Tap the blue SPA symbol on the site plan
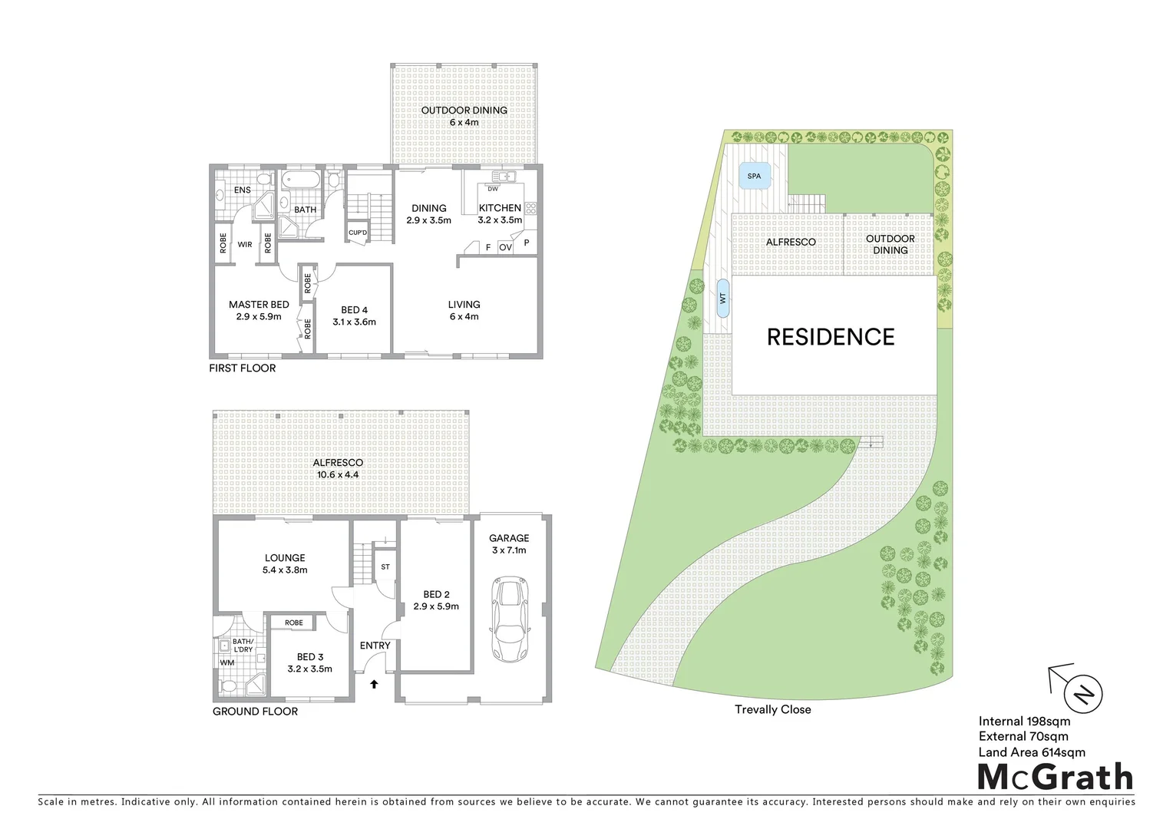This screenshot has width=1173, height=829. click(754, 177)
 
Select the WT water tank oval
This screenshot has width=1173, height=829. click(722, 299)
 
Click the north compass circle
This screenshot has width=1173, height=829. click(1082, 693)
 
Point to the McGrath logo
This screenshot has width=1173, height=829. click(1056, 777)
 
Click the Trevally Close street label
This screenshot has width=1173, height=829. click(772, 709)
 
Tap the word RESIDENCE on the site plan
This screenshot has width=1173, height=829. click(831, 337)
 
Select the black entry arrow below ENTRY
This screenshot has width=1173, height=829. click(375, 682)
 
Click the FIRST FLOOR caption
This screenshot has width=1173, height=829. click(242, 368)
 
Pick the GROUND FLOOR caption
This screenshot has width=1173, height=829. click(255, 712)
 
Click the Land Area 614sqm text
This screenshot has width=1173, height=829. click(1032, 752)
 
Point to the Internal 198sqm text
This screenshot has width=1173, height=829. click(1024, 721)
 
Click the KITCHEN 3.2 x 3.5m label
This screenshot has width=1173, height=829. click(500, 213)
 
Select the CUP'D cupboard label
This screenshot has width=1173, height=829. click(358, 233)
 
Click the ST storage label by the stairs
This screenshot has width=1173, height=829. click(385, 567)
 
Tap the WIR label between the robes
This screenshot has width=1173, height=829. click(245, 245)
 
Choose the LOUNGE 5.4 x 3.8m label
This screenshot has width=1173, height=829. click(285, 563)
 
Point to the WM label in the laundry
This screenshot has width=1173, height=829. click(227, 662)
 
